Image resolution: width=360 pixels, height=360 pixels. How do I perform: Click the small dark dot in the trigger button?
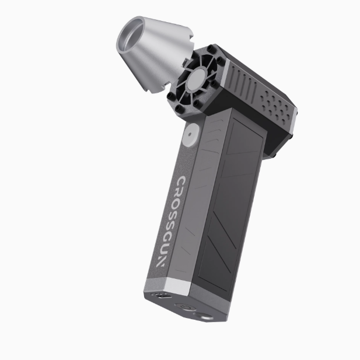(x=190, y=135)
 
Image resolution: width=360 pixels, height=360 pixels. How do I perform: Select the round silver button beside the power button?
(x=205, y=317)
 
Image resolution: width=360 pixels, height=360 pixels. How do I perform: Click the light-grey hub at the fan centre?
(x=198, y=80)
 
